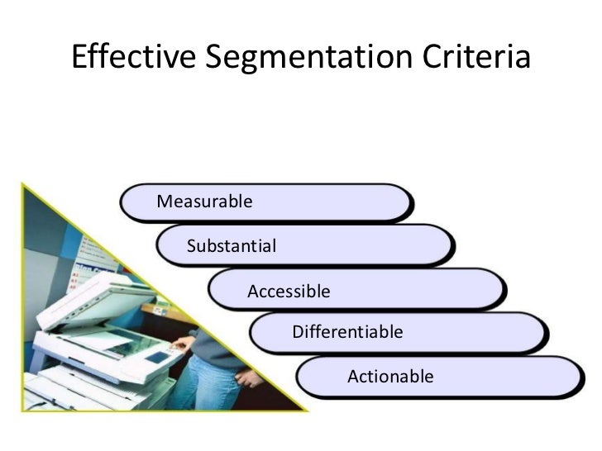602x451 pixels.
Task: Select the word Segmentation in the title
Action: pos(306,57)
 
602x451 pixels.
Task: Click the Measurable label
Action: pos(204,201)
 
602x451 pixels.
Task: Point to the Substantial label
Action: pos(232,245)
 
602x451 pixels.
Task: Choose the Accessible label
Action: pos(289,291)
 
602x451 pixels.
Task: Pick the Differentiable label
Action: pos(347,332)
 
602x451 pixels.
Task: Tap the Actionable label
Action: pos(390,377)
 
